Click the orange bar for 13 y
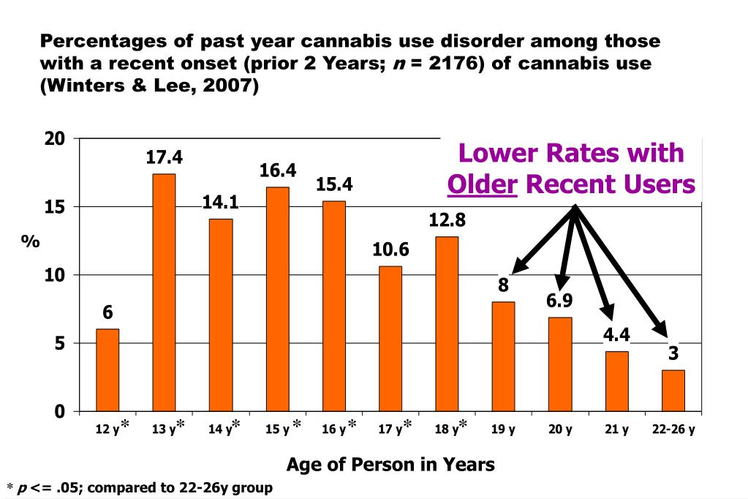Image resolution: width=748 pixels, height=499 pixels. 164,293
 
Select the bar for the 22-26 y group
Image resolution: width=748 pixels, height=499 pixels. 673,391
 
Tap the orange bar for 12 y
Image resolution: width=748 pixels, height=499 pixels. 107,370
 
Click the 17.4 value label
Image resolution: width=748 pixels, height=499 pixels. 164,157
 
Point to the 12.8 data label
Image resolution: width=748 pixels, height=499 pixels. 447,220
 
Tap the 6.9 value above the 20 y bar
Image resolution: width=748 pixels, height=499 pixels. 559,301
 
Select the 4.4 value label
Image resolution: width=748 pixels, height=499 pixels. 616,335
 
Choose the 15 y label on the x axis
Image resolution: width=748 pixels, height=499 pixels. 277,429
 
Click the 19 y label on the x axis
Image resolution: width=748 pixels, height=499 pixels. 503,429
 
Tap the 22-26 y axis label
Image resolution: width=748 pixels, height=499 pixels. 673,429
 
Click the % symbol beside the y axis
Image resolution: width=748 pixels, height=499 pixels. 30,241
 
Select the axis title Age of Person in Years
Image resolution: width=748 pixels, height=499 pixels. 390,464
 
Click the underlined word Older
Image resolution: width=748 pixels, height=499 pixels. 483,184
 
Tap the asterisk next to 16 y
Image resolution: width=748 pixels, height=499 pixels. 352,425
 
